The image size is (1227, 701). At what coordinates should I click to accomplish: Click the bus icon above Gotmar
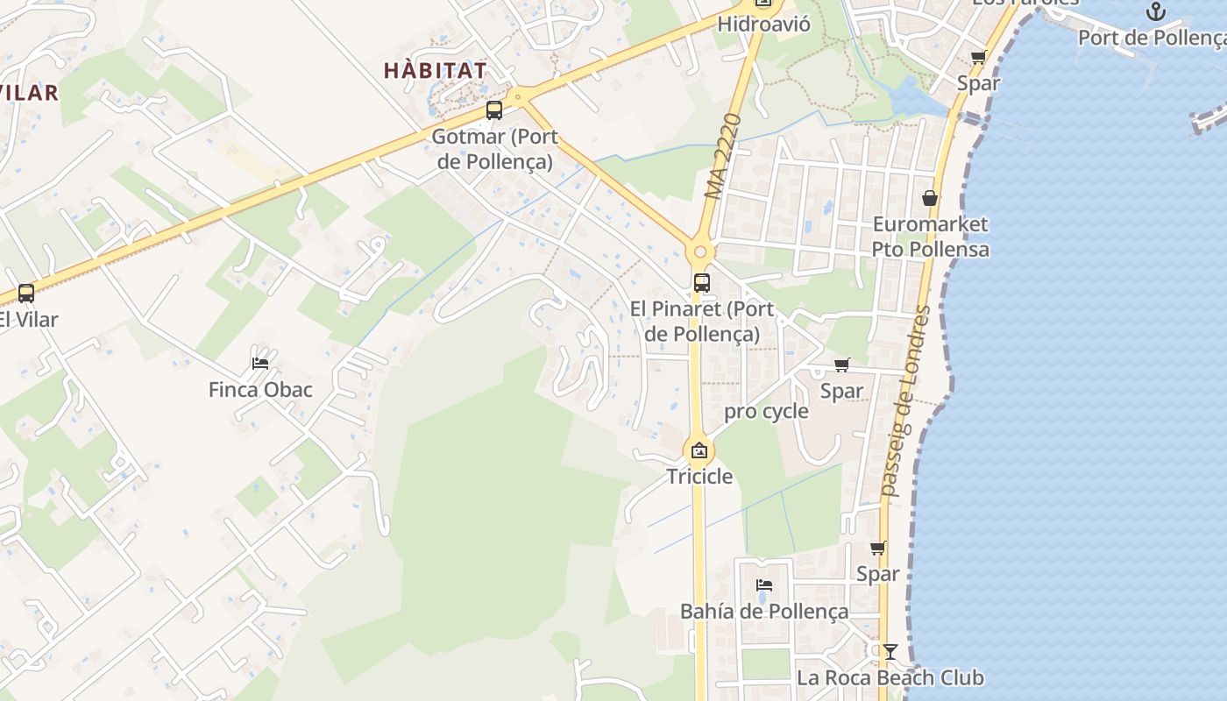pos(494,110)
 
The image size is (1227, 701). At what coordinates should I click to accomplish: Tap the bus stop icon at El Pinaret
pos(701,283)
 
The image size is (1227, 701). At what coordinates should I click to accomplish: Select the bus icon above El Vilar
pos(26,294)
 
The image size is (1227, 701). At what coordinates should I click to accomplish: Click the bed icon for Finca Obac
pos(260,363)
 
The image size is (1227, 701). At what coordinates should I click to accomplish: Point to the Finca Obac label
pos(260,389)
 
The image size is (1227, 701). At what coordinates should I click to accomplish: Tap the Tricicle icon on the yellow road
pos(699,451)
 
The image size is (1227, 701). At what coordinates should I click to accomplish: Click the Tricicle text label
pos(699,477)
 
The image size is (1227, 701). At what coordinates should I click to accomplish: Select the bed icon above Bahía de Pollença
pos(764,585)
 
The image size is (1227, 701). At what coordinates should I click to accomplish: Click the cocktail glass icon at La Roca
pos(890,652)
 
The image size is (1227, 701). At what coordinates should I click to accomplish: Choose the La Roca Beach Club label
pos(890,677)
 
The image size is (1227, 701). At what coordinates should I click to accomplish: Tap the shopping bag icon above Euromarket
pos(930,199)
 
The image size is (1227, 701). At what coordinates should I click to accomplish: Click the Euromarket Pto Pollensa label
pos(930,237)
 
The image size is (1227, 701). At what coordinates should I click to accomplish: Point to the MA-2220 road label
pos(723,156)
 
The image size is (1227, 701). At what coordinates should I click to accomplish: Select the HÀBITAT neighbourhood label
pos(436,71)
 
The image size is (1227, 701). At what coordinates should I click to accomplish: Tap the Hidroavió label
pos(763,25)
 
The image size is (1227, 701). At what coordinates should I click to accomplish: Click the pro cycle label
pos(766,411)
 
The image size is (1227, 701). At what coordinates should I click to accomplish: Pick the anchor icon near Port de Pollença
pos(1156,12)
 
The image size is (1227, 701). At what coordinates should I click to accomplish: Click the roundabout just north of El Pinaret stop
pos(699,252)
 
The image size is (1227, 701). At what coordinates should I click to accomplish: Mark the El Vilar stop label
pos(28,319)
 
